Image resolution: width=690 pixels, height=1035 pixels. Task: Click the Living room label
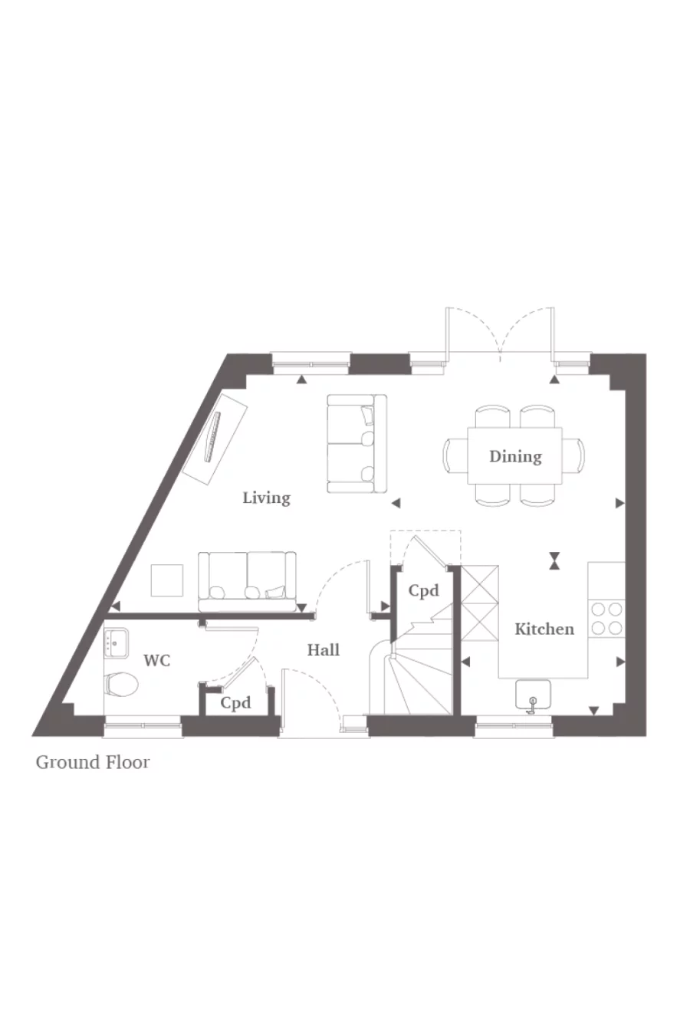pos(266,498)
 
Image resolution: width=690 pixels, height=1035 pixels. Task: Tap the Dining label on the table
pos(515,456)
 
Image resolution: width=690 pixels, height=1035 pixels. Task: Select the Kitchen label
pos(544,629)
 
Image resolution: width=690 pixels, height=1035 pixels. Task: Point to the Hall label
pos(323,649)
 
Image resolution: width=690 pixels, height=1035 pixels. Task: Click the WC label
pos(157,660)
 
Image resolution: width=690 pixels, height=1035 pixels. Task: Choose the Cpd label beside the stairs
pos(423,590)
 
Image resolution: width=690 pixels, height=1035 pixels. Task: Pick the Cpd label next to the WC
pos(235,702)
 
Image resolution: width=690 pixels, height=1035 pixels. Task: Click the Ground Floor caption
pos(93,762)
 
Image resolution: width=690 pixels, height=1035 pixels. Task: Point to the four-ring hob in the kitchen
pos(606,619)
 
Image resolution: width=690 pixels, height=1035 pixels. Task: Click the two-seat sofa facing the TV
pos(356,444)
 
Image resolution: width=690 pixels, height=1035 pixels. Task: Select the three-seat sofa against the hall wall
pos(248,580)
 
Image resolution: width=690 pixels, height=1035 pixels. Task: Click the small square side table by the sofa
pos(167,580)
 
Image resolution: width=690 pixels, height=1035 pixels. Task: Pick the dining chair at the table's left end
pos(452,456)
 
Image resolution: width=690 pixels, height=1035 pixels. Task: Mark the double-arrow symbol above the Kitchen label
pos(554,561)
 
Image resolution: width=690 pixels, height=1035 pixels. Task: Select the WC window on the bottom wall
pos(143,721)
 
